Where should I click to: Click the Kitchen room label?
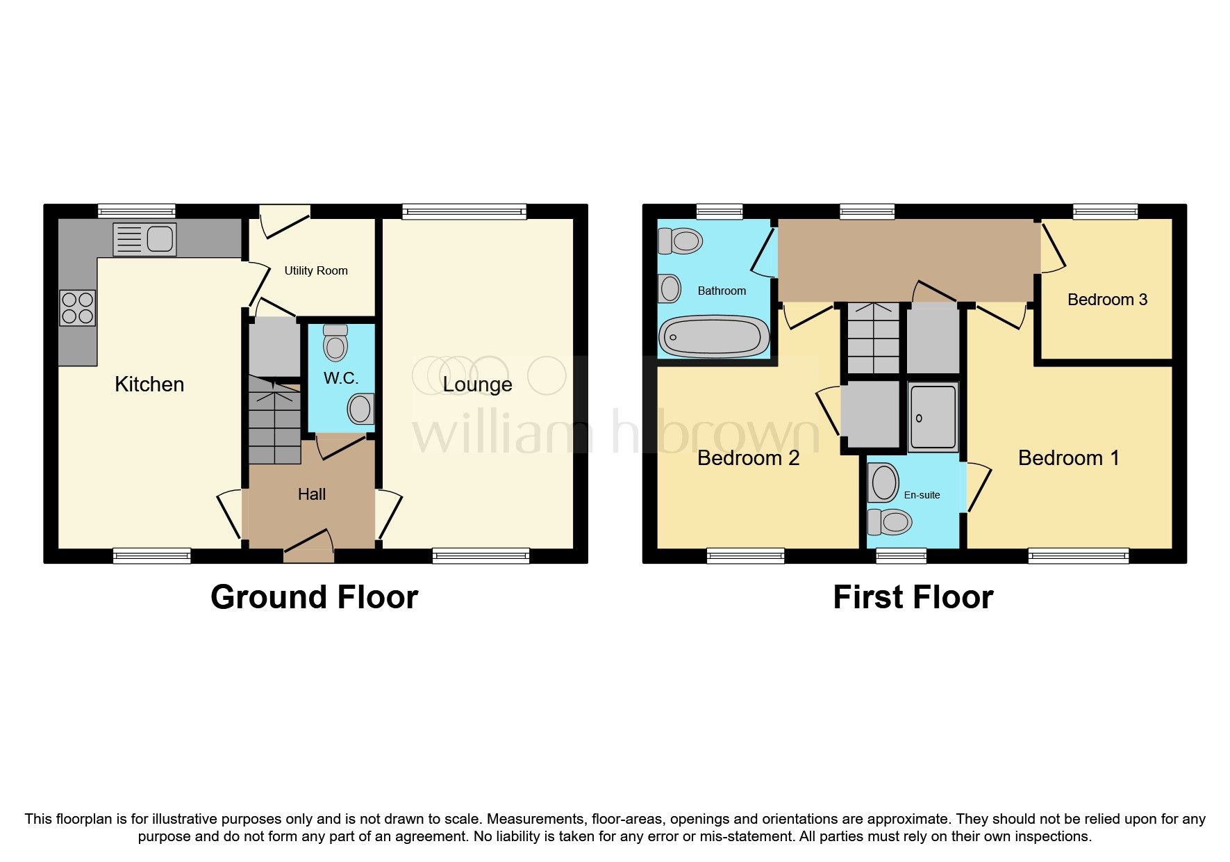[149, 384]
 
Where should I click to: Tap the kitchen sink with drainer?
[144, 239]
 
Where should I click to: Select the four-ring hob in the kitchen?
[78, 308]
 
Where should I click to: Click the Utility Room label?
[316, 270]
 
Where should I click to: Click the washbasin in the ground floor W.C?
[360, 409]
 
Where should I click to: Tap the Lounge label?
[478, 384]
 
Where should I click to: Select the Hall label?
[312, 494]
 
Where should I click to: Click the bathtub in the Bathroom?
[713, 336]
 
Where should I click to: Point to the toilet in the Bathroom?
[680, 241]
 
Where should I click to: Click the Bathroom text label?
[722, 291]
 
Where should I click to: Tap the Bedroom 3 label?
[1107, 300]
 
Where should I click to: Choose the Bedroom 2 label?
[748, 458]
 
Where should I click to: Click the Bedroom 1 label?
[1068, 458]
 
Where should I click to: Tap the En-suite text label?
[922, 495]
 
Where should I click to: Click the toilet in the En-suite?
[890, 521]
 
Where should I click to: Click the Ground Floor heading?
[314, 597]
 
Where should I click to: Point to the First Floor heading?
[913, 597]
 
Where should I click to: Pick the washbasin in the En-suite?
[883, 482]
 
